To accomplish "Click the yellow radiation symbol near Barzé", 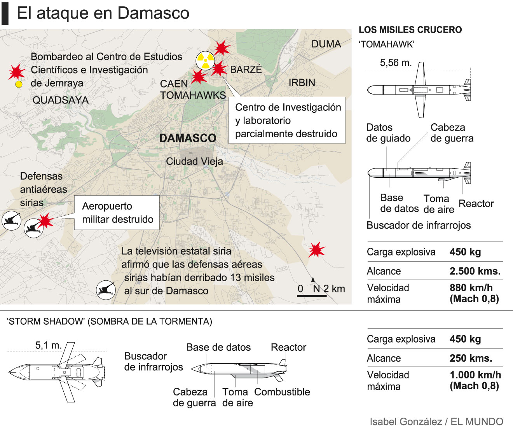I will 205,60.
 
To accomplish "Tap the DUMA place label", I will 326,44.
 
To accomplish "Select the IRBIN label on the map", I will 302,82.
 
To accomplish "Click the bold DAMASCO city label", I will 188,138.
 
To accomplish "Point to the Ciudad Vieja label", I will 194,161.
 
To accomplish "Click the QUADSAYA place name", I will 60,100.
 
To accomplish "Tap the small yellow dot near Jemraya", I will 18,84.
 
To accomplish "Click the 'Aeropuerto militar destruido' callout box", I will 117,212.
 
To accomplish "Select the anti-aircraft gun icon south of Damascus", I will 106,290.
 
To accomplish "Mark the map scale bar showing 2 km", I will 312,296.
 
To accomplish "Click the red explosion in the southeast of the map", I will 317,249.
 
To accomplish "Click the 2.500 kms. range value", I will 475,271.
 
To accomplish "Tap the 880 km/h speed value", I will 471,288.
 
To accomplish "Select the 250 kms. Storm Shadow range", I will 471,358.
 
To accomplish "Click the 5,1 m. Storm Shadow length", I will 49,345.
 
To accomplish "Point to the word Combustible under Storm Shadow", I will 282,392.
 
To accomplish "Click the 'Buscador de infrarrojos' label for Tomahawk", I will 419,225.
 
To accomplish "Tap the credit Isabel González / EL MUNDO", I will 436,422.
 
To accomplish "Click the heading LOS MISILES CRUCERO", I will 410,30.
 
